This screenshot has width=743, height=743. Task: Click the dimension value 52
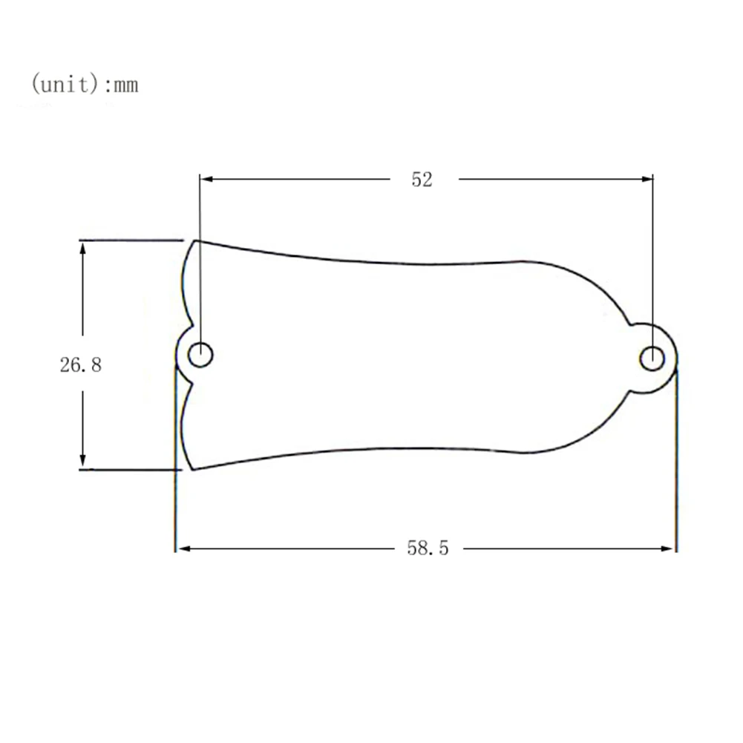point(421,179)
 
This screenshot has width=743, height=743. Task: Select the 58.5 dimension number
point(428,549)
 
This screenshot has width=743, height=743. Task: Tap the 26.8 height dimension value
point(80,364)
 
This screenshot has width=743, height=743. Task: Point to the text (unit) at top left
point(65,85)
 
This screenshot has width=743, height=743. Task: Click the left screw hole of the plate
point(200,355)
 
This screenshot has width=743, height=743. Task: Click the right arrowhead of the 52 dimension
point(647,178)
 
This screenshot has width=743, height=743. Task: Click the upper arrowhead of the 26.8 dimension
point(83,248)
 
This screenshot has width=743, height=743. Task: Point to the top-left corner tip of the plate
point(195,240)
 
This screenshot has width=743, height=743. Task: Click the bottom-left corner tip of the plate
point(192,469)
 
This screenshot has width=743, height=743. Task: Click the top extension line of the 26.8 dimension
point(131,240)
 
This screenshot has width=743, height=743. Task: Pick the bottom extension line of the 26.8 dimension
point(129,469)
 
